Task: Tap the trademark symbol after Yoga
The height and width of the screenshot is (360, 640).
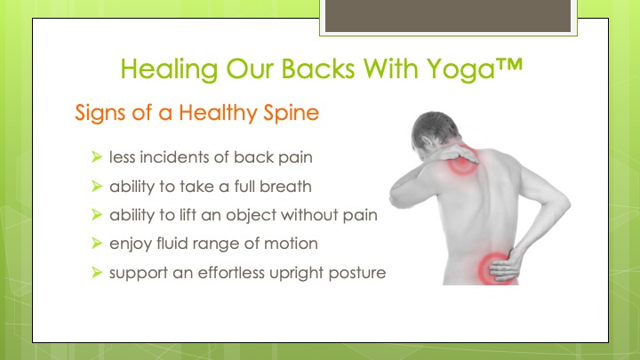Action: tap(509, 65)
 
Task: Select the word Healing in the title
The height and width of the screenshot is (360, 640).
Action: tap(169, 69)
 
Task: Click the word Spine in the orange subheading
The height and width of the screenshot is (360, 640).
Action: tap(291, 113)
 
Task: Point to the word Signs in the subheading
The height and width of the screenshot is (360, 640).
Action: tap(100, 113)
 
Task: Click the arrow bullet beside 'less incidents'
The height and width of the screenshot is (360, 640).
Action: tap(97, 156)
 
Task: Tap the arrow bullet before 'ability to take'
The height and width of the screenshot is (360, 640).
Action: tap(97, 186)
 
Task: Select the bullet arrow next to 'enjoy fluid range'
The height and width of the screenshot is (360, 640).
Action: tap(97, 244)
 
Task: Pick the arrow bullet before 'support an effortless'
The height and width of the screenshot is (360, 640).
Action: tap(97, 272)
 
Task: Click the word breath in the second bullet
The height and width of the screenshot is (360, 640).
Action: tap(285, 187)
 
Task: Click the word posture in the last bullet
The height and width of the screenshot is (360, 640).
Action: tap(357, 273)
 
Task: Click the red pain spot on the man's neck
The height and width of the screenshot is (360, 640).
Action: tap(463, 160)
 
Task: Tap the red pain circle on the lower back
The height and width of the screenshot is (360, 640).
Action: tap(494, 268)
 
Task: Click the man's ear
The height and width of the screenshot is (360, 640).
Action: tap(428, 143)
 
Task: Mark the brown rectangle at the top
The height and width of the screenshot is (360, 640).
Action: tap(448, 15)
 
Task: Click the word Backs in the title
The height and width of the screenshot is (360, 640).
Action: tap(318, 68)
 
